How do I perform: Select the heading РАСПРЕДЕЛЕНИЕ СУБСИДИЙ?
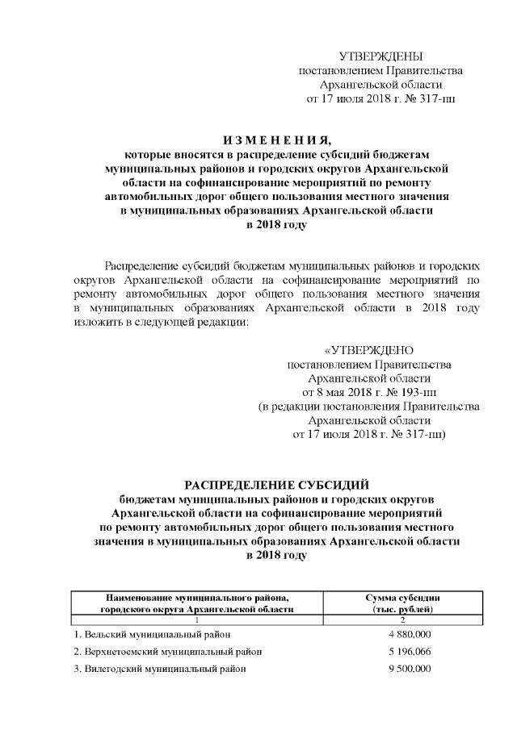tap(277, 485)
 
